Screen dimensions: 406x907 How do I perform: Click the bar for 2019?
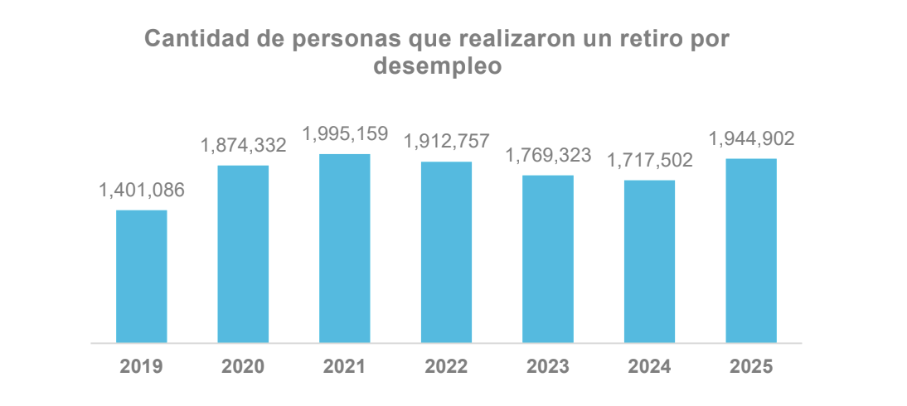click(x=141, y=276)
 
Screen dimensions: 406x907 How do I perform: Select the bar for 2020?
click(x=243, y=254)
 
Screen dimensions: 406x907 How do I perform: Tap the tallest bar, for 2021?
click(x=344, y=248)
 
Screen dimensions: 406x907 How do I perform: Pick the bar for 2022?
click(x=446, y=252)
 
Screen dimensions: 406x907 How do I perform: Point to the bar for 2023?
click(x=547, y=259)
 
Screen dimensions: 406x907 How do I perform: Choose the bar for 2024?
click(x=649, y=261)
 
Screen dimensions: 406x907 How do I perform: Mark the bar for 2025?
click(x=750, y=250)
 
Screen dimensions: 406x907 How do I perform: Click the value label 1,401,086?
click(x=141, y=191)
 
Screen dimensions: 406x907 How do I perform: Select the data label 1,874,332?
click(x=243, y=146)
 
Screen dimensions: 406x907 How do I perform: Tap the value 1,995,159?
click(x=344, y=134)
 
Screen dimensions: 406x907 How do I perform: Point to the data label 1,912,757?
click(x=446, y=142)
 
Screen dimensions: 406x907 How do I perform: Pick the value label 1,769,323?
click(x=547, y=156)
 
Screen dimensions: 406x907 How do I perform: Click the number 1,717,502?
click(x=649, y=160)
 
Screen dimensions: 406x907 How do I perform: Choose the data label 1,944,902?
click(x=750, y=139)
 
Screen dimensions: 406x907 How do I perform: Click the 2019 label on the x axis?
click(x=141, y=366)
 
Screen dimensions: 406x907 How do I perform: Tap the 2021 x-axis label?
click(x=344, y=366)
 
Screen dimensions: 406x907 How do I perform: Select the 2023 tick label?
click(x=547, y=366)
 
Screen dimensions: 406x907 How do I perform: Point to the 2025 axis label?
click(x=750, y=366)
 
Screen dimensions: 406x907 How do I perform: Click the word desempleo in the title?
click(x=438, y=66)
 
